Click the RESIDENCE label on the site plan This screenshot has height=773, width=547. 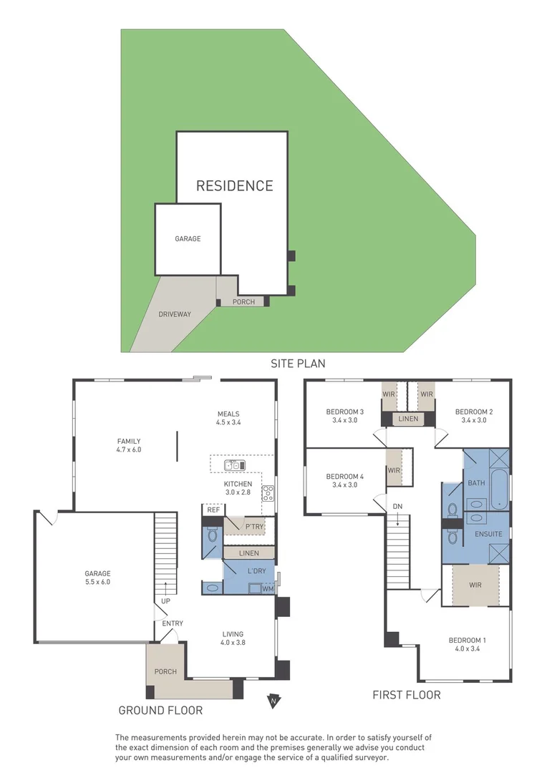point(235,185)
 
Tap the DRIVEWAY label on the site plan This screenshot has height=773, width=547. point(175,314)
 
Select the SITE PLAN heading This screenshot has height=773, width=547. point(298,364)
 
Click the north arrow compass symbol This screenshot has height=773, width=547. point(273,701)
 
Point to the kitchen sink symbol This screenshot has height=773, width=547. point(235,465)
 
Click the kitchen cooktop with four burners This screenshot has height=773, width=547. point(268,492)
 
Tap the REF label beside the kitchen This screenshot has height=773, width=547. point(213,510)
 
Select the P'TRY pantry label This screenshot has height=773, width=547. point(255,527)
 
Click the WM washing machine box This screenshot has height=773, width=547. point(268,588)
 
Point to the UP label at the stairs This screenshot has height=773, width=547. point(165,601)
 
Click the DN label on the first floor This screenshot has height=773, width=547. point(397,507)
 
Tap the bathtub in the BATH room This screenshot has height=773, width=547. point(498,487)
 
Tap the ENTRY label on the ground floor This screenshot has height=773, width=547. point(173,623)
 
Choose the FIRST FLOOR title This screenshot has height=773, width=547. point(406,695)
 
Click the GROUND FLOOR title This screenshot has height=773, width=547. point(160,711)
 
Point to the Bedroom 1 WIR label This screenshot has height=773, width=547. point(475,585)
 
